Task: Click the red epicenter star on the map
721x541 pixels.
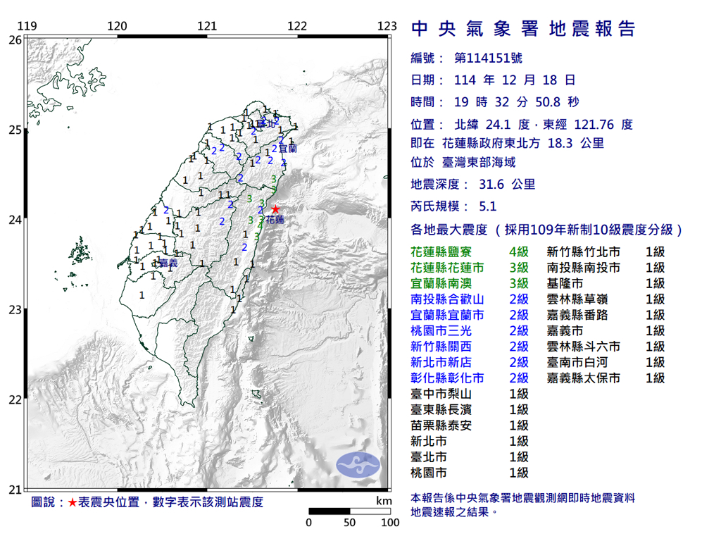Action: coord(275,209)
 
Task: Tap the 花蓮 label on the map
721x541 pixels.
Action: coord(275,220)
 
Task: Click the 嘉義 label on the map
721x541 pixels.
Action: coord(168,263)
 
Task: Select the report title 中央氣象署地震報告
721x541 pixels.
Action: coord(523,29)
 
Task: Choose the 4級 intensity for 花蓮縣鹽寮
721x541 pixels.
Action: coord(518,252)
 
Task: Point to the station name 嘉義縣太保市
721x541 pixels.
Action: coord(584,378)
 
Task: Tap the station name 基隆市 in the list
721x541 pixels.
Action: coord(565,284)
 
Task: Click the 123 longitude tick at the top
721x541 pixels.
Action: coord(387,27)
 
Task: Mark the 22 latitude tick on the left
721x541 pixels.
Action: coord(15,399)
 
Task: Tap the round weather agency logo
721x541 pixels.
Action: coord(358,464)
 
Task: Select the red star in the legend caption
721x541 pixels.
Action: coord(72,502)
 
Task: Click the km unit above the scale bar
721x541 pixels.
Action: coord(384,501)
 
